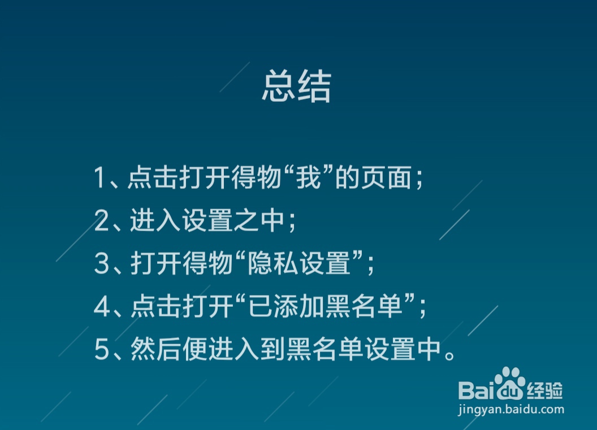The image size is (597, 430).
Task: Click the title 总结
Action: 296,88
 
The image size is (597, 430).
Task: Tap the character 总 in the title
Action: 279,88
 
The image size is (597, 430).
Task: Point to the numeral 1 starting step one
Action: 99,178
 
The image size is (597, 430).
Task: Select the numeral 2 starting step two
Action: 101,221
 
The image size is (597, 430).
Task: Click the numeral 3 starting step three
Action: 101,264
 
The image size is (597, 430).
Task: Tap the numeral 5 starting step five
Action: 101,350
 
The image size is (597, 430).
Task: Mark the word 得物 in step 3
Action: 207,264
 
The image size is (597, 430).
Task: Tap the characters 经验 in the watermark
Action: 545,390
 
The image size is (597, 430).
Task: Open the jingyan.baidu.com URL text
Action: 511,409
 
